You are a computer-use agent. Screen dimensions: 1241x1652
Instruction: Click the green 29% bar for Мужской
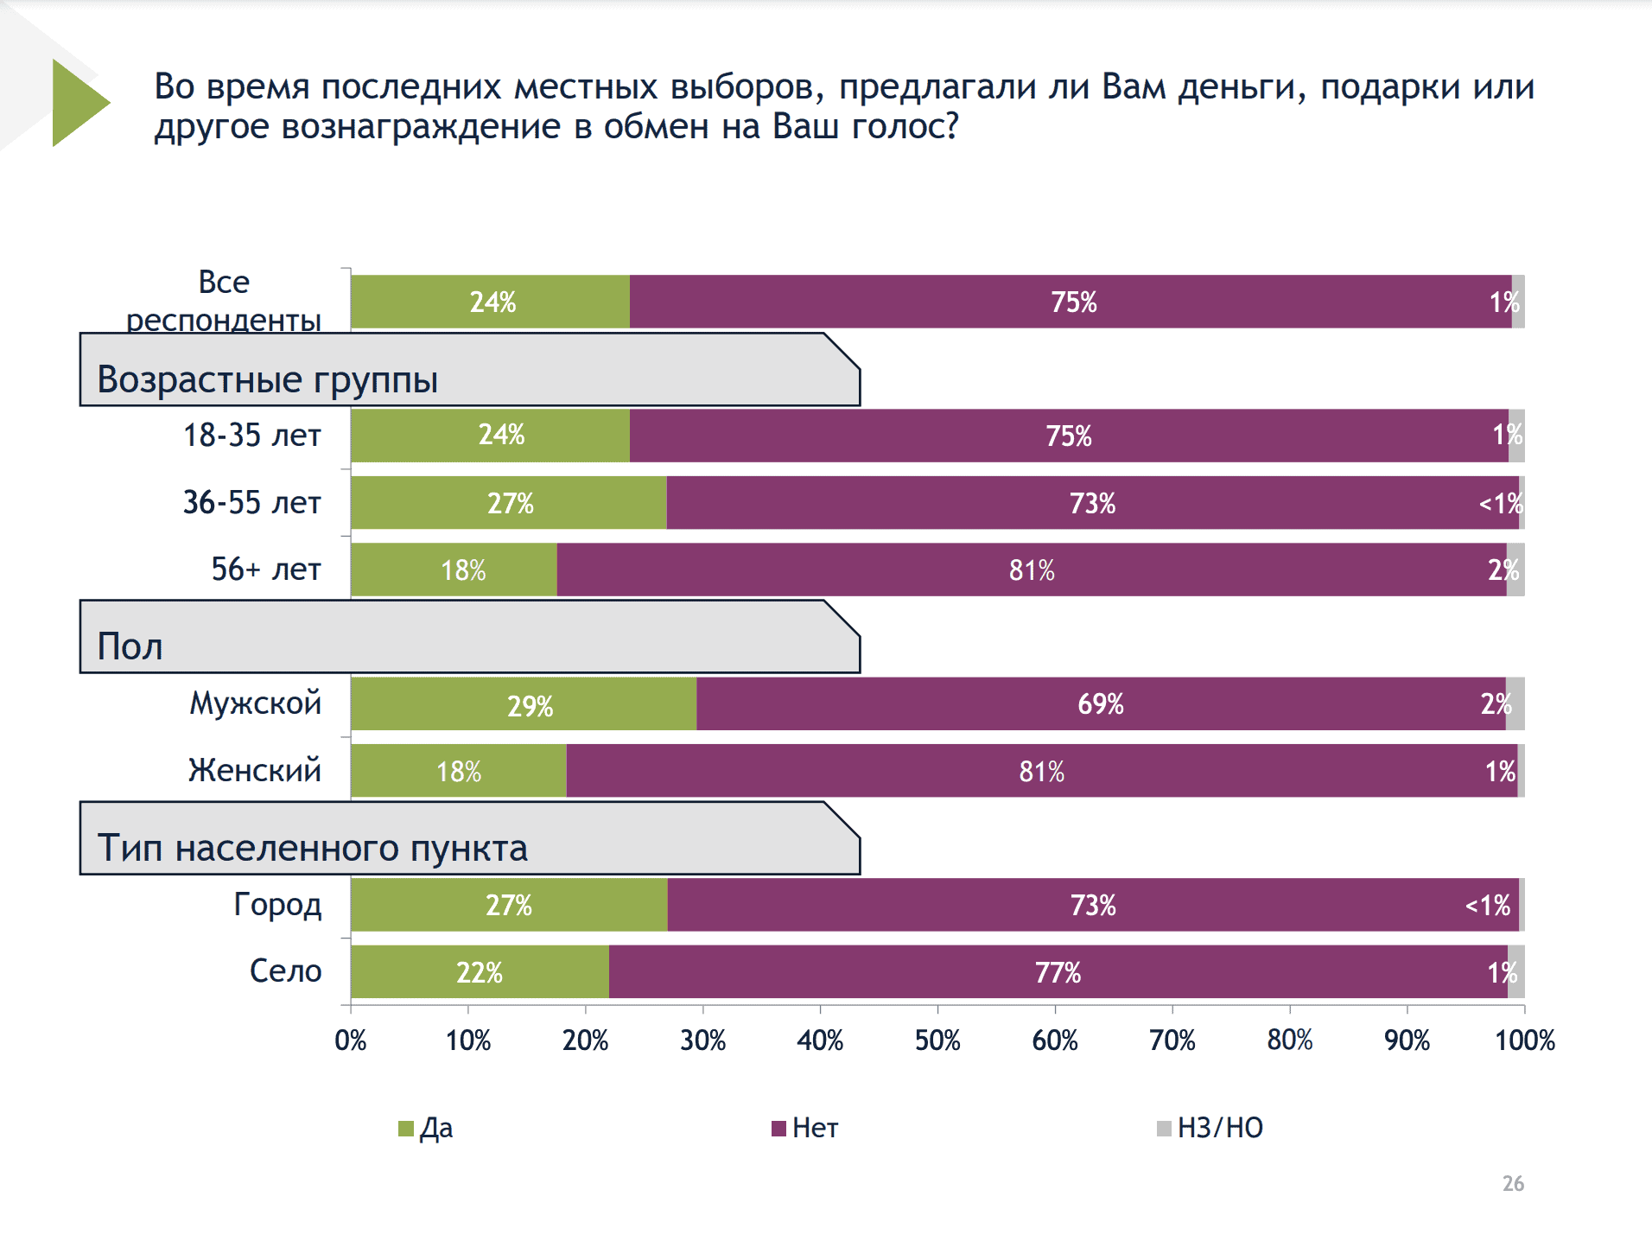pyautogui.click(x=523, y=704)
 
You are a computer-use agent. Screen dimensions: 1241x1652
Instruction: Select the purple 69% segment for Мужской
pyautogui.click(x=1100, y=704)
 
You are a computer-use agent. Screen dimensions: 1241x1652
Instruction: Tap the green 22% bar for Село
pyautogui.click(x=480, y=972)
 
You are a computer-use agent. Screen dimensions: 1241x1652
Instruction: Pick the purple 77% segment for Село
pyautogui.click(x=1058, y=972)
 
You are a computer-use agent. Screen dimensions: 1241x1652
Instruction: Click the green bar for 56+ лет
pyautogui.click(x=454, y=570)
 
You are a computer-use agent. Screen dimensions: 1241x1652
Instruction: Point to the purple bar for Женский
pyautogui.click(x=1041, y=771)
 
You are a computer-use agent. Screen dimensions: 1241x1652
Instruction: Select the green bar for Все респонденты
pyautogui.click(x=490, y=302)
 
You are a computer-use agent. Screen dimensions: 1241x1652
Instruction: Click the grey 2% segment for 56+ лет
pyautogui.click(x=1515, y=570)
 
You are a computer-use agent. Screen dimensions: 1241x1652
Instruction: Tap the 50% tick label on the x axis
pyautogui.click(x=937, y=1040)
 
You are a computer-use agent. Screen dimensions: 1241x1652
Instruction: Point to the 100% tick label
pyautogui.click(x=1524, y=1040)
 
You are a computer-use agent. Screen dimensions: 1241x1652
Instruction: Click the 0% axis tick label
pyautogui.click(x=351, y=1040)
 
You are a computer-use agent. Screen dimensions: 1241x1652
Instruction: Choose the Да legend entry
pyautogui.click(x=426, y=1128)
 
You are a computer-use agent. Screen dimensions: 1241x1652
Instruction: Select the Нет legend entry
pyautogui.click(x=804, y=1128)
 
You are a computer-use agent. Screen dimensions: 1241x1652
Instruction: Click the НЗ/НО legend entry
pyautogui.click(x=1210, y=1128)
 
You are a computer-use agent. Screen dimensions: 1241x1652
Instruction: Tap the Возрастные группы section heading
pyautogui.click(x=268, y=379)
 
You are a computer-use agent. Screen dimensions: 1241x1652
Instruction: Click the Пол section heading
pyautogui.click(x=130, y=646)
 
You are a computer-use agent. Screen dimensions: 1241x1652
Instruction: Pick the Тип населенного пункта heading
pyautogui.click(x=312, y=848)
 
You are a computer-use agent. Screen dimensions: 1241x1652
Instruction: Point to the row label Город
pyautogui.click(x=277, y=904)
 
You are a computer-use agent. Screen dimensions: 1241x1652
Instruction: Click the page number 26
pyautogui.click(x=1513, y=1183)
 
